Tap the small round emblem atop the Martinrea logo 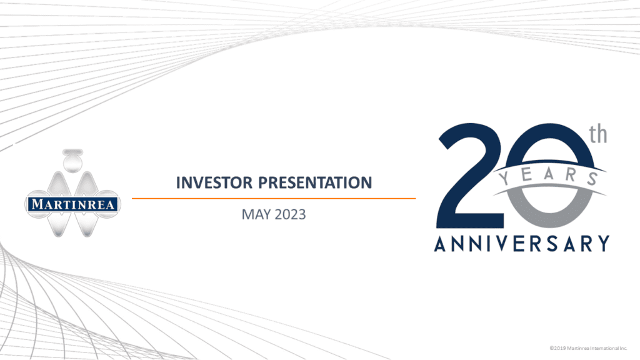tap(74, 161)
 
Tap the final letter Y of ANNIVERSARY tap(602, 243)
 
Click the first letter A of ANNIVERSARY tap(441, 243)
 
